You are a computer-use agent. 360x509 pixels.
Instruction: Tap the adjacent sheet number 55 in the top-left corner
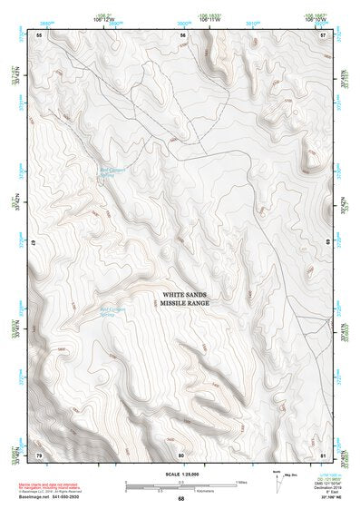point(40,34)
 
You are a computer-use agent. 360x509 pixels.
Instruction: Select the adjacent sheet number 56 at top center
point(182,34)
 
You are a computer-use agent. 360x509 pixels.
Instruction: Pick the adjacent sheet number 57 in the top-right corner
point(323,34)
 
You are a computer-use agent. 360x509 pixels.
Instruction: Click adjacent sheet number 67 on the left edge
point(34,244)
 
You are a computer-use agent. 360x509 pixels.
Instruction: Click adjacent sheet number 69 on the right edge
point(327,244)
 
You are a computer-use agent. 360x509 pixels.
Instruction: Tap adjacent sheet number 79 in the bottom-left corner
point(40,454)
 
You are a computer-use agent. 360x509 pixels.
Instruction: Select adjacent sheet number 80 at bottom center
point(181,454)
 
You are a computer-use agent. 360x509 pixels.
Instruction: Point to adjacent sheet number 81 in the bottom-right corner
point(323,454)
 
